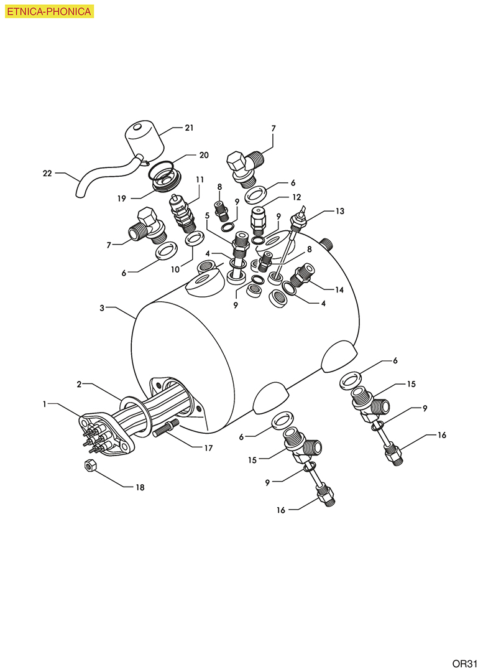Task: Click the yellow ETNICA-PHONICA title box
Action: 49,11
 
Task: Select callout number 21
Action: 189,128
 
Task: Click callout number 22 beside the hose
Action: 47,173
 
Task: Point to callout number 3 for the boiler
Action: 102,307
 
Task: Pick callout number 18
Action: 140,487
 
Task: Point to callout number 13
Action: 339,211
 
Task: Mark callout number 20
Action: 204,154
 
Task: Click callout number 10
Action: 175,269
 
